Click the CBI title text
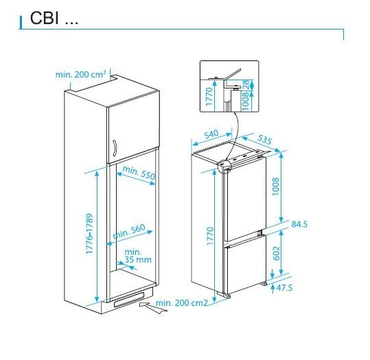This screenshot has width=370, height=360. (54, 18)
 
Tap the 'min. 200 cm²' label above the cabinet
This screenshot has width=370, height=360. (81, 75)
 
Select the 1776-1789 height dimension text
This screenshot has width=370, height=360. (90, 234)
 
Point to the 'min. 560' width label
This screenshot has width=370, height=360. (129, 232)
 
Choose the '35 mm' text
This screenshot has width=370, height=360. (138, 260)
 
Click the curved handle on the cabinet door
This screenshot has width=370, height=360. (114, 148)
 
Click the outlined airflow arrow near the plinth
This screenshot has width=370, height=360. (153, 307)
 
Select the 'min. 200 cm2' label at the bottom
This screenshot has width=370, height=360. (182, 302)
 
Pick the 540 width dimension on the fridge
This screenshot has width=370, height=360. (211, 134)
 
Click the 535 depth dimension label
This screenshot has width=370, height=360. (264, 139)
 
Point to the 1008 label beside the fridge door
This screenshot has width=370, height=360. (275, 187)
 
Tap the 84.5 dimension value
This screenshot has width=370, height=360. (299, 224)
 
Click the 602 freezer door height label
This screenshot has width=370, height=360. (276, 253)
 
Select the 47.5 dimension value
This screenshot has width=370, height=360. (284, 287)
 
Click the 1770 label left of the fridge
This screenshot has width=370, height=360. (210, 236)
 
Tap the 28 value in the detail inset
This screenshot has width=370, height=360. (246, 84)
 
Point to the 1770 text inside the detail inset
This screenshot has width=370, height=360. (209, 97)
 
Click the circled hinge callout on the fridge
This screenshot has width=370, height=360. (224, 166)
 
